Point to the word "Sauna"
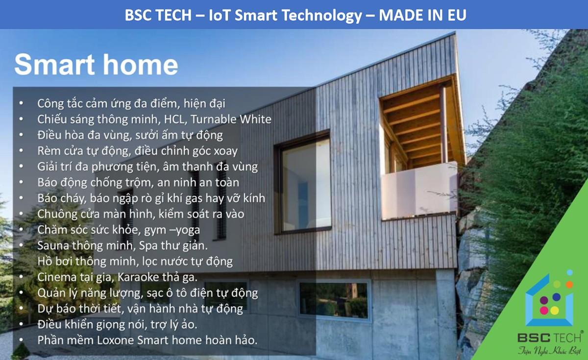pyautogui.click(x=52, y=245)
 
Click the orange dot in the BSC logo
pyautogui.click(x=569, y=285)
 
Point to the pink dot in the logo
pyautogui.click(x=544, y=310)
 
